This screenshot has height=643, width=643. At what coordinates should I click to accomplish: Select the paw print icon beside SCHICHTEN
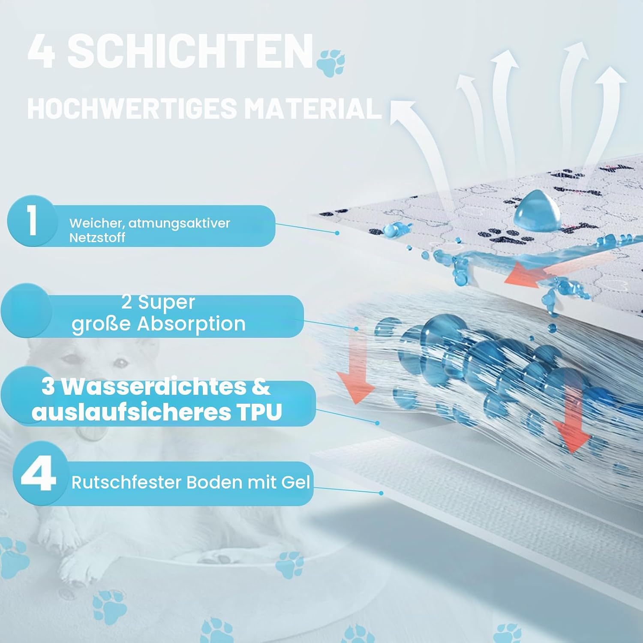[x=331, y=63]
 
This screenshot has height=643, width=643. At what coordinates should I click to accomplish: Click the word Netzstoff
[x=97, y=237]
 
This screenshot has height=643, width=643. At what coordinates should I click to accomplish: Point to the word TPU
[x=258, y=412]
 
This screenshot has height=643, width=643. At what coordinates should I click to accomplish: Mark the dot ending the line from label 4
[x=381, y=493]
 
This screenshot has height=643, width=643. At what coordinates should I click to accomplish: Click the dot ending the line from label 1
[x=337, y=233]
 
